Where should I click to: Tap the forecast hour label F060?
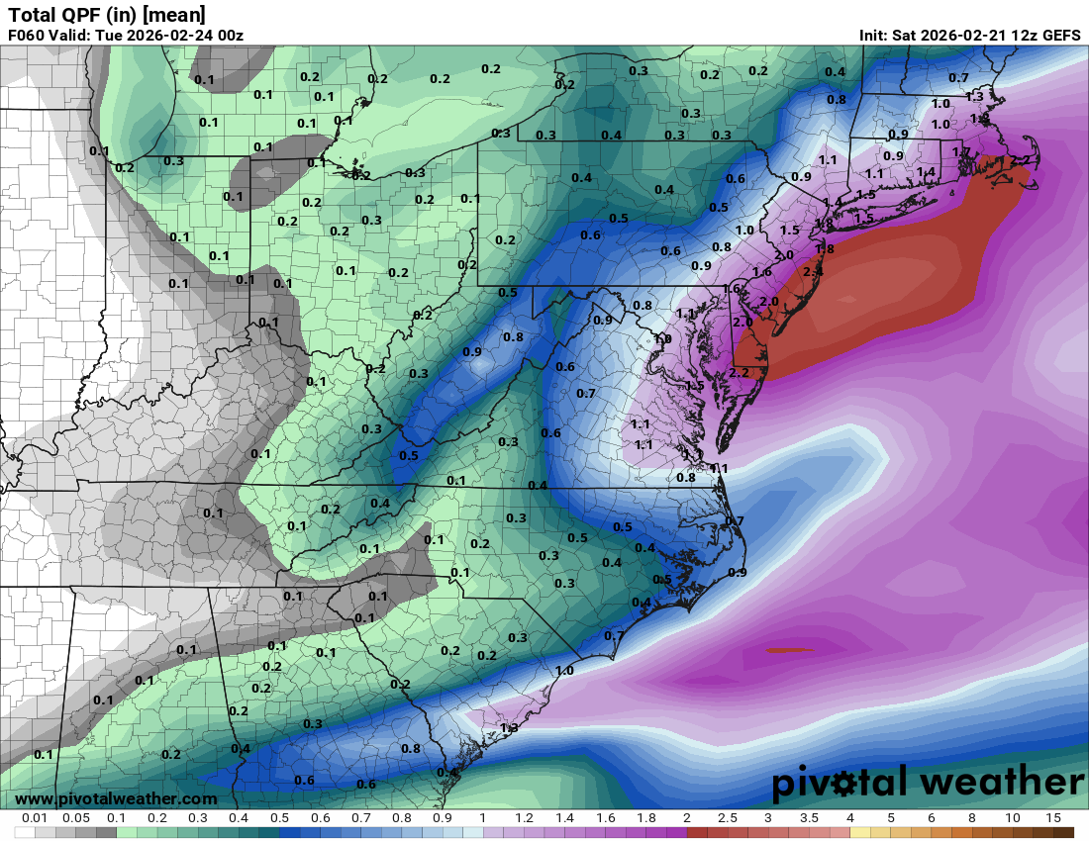[27, 36]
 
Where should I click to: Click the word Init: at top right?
[877, 36]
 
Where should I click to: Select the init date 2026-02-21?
[959, 36]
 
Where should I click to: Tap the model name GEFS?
[1060, 36]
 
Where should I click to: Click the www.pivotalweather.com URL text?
[117, 798]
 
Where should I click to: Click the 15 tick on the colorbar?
[1052, 818]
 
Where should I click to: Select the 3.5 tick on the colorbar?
[809, 818]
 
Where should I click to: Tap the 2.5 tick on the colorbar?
[728, 818]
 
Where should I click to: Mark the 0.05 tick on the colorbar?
[76, 818]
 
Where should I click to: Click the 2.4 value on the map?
[813, 271]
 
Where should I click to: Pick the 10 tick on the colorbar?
[1012, 818]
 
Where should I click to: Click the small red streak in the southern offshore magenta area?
[788, 650]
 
